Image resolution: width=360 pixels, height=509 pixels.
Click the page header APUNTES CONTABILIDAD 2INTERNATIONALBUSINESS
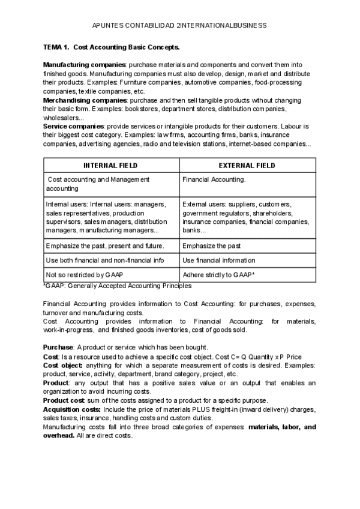pyautogui.click(x=179, y=26)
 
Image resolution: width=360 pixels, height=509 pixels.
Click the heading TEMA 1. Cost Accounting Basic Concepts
pyautogui.click(x=111, y=47)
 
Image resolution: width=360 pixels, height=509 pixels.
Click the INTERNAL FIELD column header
pyautogui.click(x=110, y=166)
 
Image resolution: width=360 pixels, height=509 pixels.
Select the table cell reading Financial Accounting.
pyautogui.click(x=214, y=179)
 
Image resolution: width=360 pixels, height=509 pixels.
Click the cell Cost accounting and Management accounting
pyautogui.click(x=98, y=184)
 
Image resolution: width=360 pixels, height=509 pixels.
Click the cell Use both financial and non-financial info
pyautogui.click(x=104, y=261)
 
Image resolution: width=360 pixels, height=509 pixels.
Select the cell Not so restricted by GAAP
pyautogui.click(x=85, y=274)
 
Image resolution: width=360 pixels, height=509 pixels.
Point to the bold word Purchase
pyautogui.click(x=58, y=348)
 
